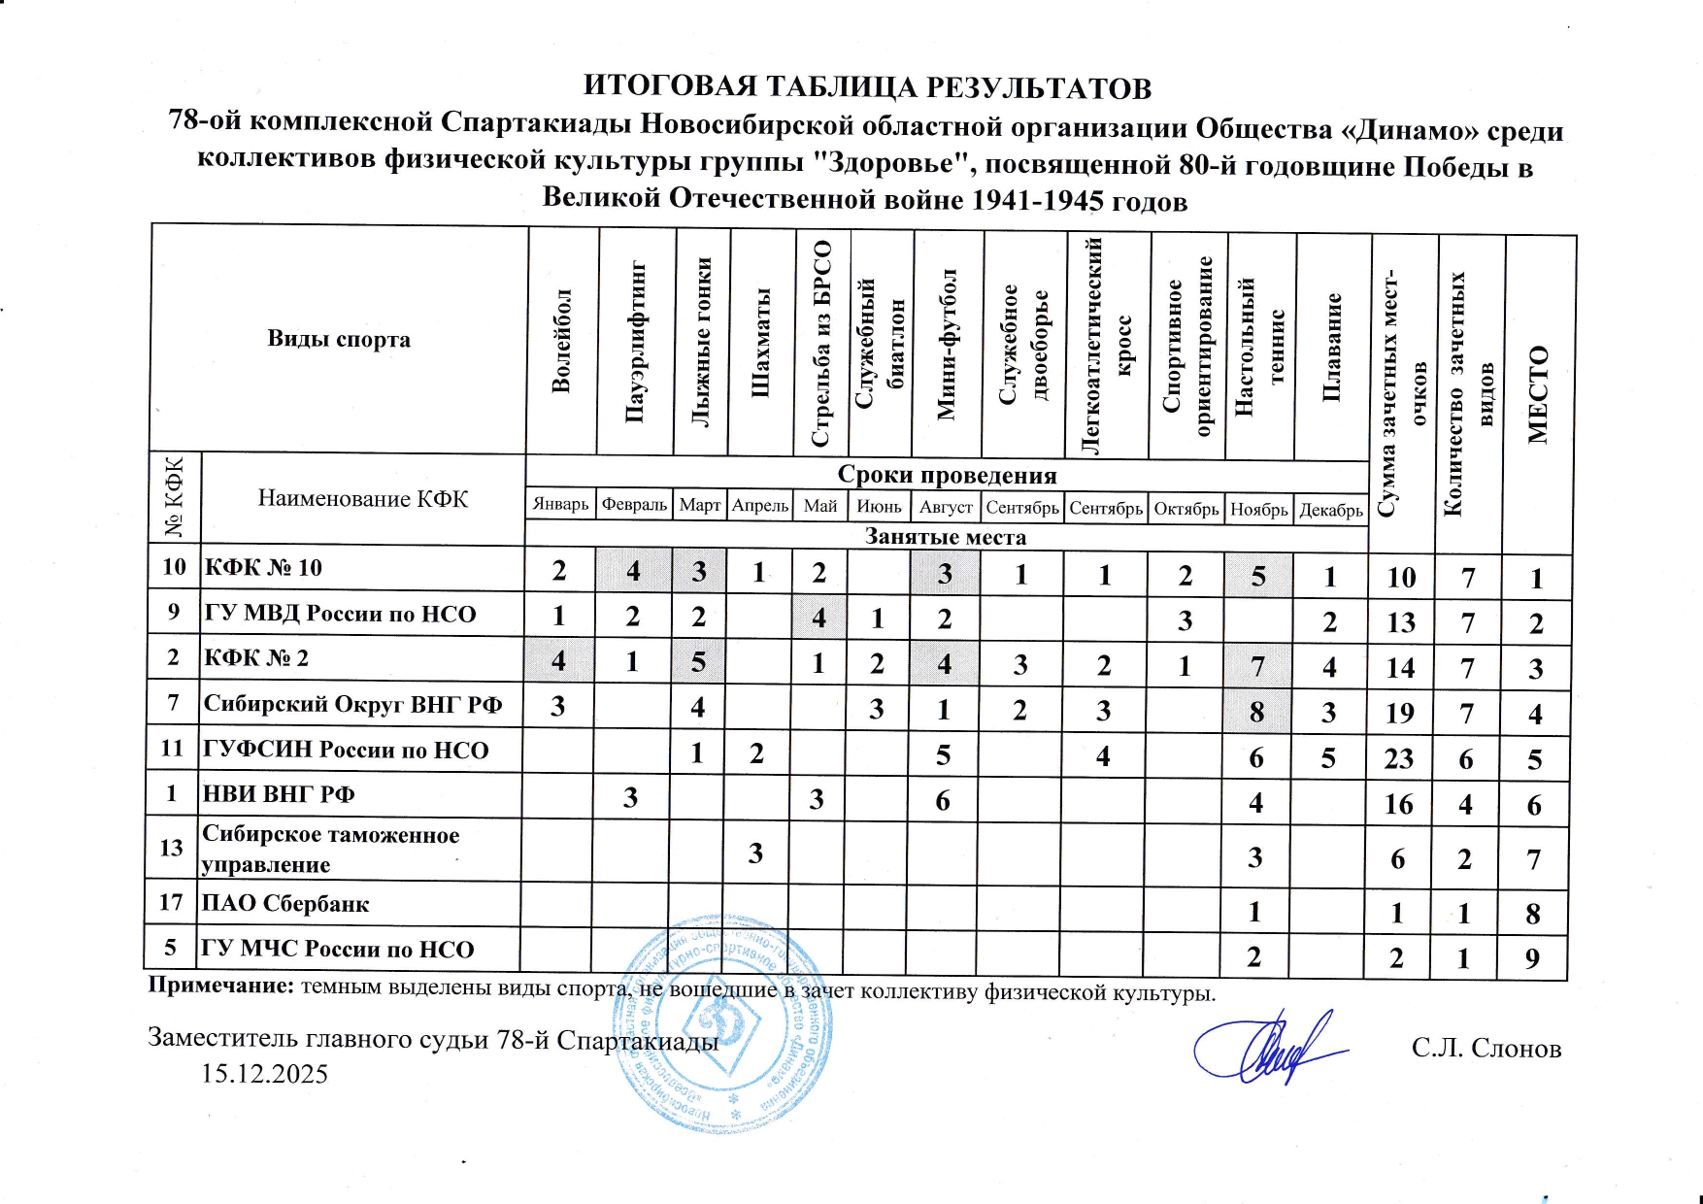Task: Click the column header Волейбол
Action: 561,340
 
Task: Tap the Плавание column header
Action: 1332,346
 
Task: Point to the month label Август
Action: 946,508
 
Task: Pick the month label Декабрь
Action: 1331,510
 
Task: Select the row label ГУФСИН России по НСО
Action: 346,750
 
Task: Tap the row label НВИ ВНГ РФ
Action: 279,794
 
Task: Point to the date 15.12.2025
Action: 264,1074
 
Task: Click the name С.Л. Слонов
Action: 1486,1049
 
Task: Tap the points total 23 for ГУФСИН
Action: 1398,758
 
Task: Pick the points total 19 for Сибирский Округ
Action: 1399,714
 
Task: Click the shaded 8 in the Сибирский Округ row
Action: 1256,712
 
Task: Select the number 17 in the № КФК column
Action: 171,902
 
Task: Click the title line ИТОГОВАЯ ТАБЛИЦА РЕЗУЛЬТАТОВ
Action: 866,87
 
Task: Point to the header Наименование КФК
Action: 362,499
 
